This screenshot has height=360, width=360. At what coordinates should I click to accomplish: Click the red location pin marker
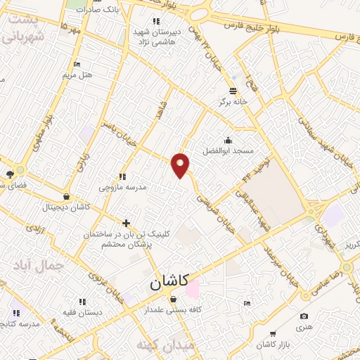(x=181, y=164)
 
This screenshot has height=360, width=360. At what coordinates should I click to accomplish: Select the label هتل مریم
(x=78, y=74)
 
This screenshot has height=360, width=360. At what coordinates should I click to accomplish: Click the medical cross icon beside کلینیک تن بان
(x=126, y=223)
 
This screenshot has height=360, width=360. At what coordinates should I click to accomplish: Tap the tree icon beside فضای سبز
(x=10, y=175)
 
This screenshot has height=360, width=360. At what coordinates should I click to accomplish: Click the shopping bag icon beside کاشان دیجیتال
(x=65, y=198)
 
